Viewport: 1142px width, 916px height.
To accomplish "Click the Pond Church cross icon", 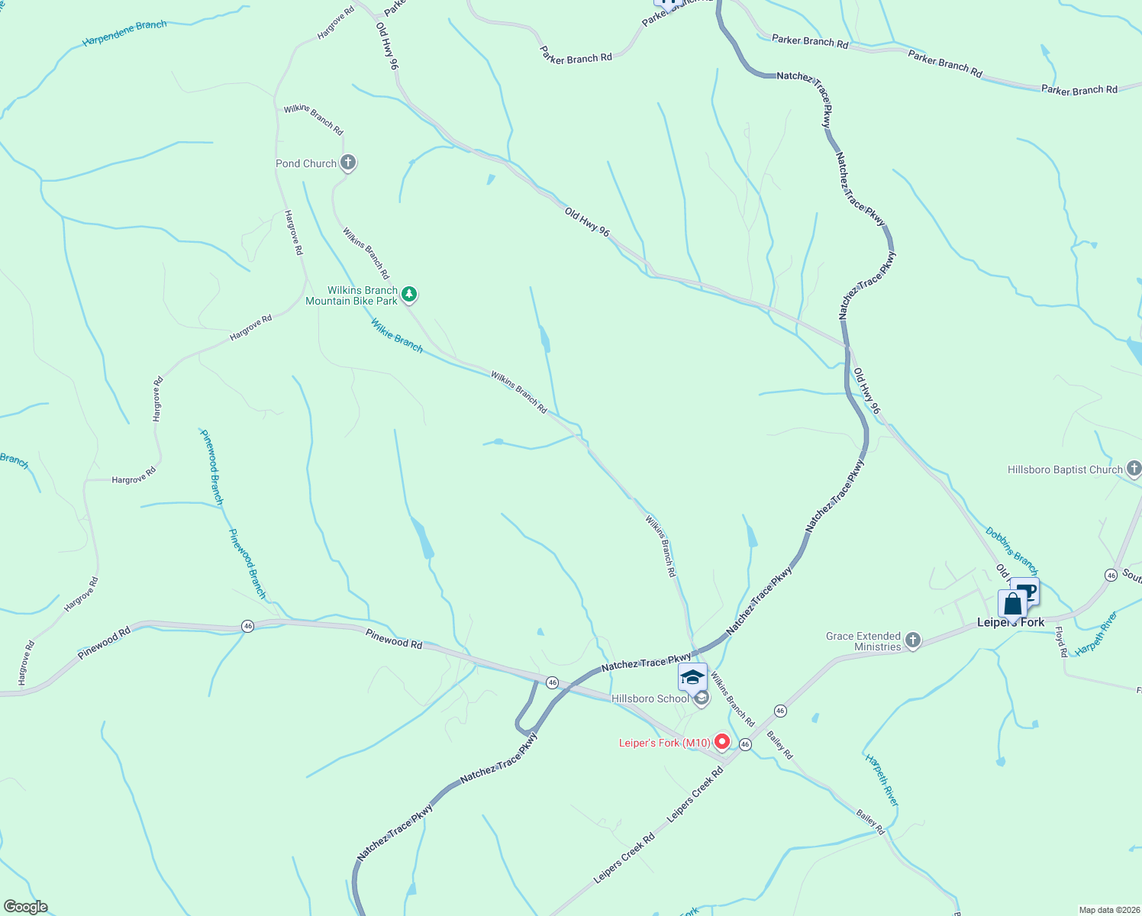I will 348,163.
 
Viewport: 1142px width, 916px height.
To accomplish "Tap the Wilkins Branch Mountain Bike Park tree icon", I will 409,294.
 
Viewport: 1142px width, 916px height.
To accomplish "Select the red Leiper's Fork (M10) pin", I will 721,742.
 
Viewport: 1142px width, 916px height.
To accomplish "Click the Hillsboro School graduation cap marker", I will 692,677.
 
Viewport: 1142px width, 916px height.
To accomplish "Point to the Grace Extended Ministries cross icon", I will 913,640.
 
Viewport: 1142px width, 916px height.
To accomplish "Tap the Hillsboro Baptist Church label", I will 1065,470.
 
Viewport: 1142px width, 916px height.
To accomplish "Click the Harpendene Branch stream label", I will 124,34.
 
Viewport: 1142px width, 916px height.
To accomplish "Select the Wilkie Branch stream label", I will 397,336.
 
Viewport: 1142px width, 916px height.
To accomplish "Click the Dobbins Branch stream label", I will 1011,550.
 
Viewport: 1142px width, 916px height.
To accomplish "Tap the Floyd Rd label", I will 1060,642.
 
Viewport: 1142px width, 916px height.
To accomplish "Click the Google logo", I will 25,907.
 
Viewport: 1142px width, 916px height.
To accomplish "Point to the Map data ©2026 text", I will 1108,910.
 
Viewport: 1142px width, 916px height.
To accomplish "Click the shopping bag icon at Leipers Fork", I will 1012,605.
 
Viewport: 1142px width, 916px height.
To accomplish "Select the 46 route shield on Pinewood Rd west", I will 247,626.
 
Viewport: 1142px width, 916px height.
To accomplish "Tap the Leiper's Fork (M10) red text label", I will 664,743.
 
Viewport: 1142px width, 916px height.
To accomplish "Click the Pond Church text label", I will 306,163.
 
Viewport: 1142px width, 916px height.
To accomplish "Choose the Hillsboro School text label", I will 650,698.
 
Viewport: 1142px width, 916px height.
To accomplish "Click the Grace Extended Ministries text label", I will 863,641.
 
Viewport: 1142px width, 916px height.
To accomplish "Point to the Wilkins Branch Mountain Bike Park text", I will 352,295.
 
